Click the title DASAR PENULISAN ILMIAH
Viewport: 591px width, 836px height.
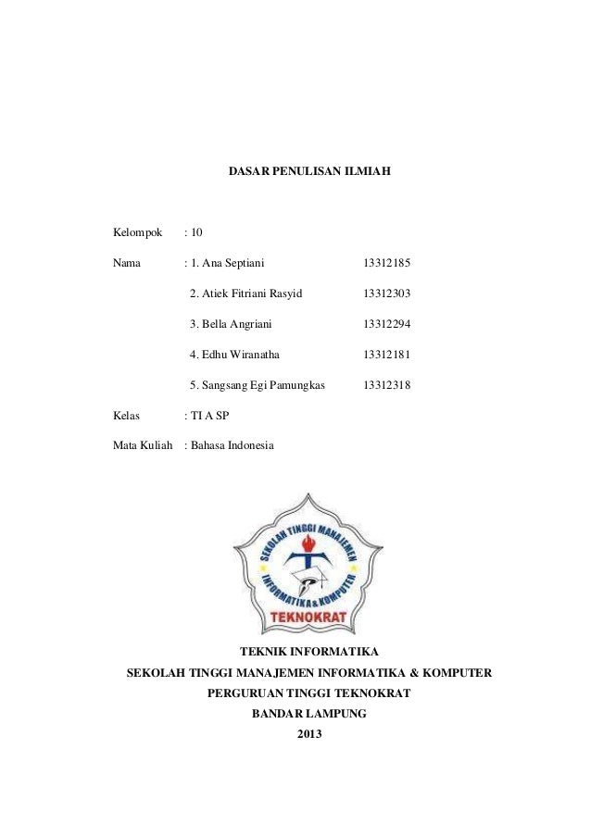[309, 171]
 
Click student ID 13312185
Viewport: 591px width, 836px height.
[387, 264]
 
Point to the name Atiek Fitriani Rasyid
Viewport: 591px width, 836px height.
[245, 294]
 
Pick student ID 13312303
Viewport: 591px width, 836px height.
[387, 294]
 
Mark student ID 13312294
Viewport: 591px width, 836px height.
[387, 324]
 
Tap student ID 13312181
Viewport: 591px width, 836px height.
[387, 355]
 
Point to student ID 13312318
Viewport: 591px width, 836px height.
[387, 384]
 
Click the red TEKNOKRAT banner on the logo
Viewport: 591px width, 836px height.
[308, 615]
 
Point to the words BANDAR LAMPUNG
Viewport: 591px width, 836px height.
[309, 714]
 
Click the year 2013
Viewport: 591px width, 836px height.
[309, 735]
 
